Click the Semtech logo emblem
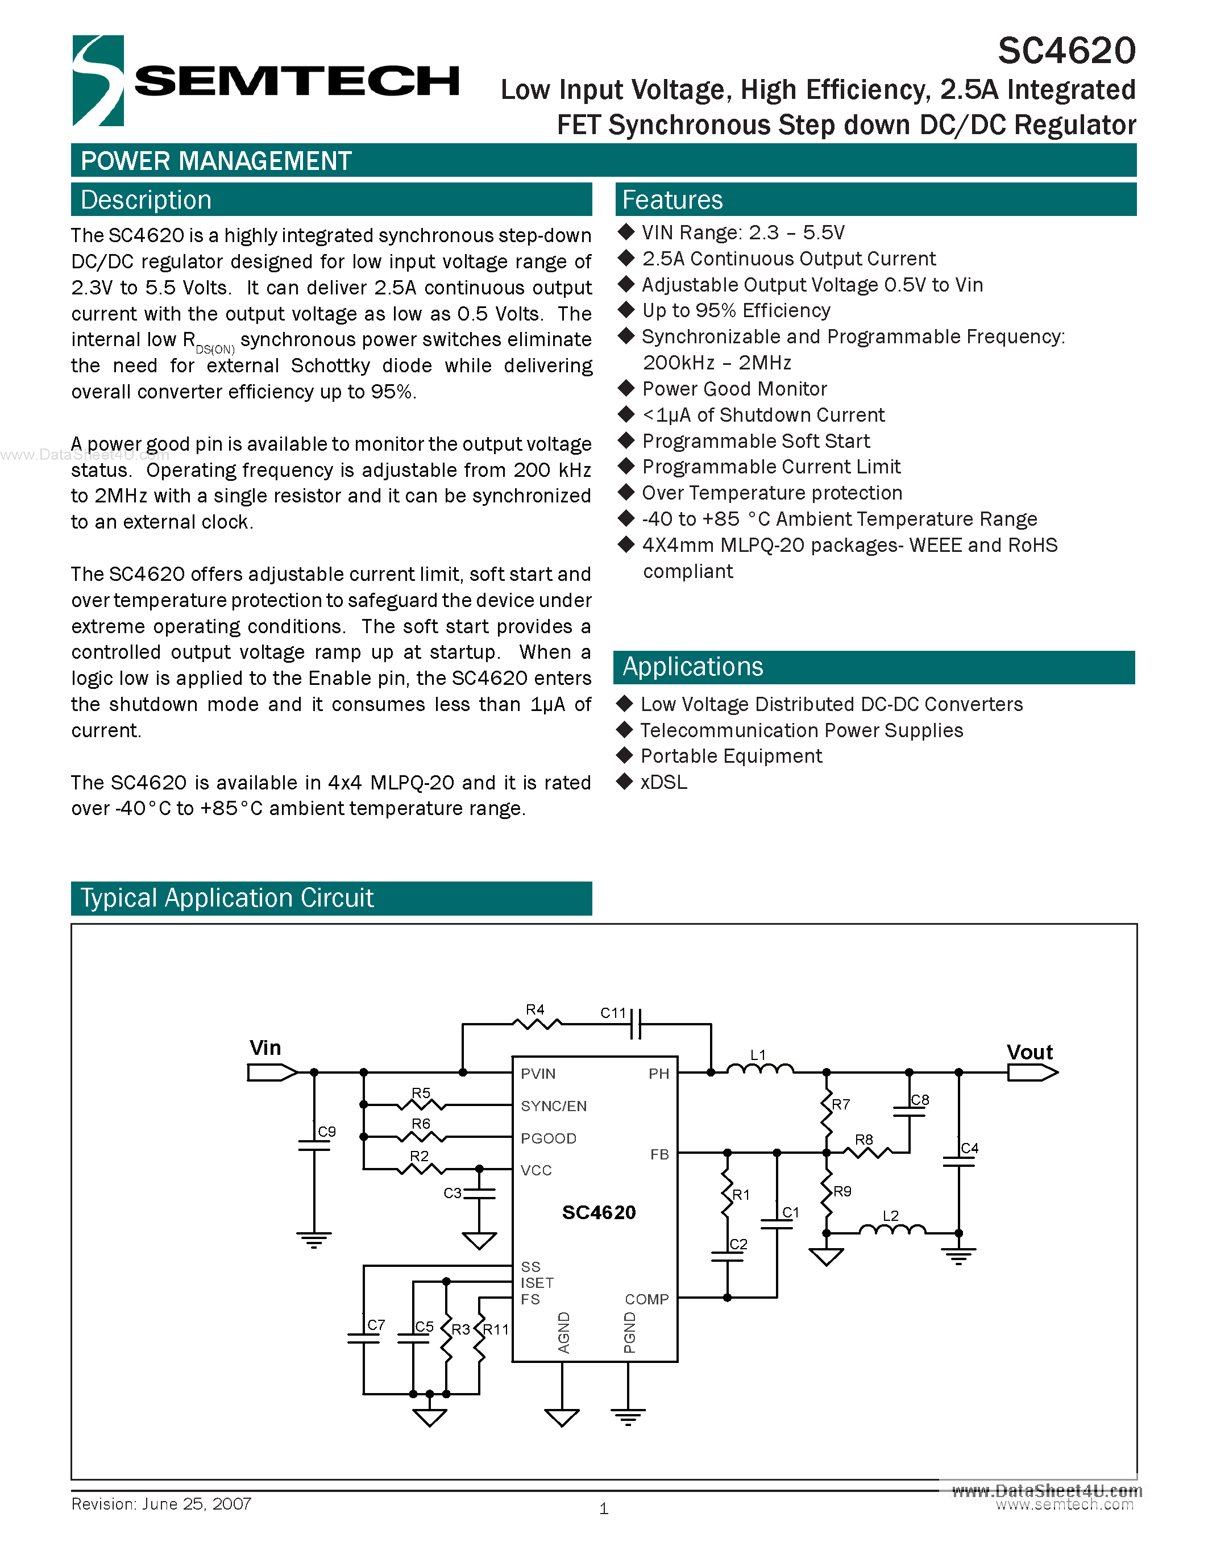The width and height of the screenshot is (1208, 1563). (x=98, y=80)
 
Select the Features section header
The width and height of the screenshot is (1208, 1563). (x=672, y=199)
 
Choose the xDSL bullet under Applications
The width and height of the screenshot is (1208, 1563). (x=663, y=782)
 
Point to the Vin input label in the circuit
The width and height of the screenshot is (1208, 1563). (x=265, y=1047)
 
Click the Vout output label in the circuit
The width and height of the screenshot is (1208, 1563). (x=1029, y=1052)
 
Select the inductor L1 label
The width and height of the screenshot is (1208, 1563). (x=758, y=1055)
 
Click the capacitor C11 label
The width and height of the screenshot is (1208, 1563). (x=613, y=1013)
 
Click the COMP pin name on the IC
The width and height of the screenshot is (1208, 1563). (x=646, y=1299)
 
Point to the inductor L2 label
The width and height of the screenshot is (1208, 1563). (x=890, y=1216)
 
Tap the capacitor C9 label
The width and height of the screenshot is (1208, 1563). (x=327, y=1132)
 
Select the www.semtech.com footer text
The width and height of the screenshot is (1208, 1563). (x=1064, y=1505)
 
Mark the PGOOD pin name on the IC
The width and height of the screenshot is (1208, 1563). (x=548, y=1138)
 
